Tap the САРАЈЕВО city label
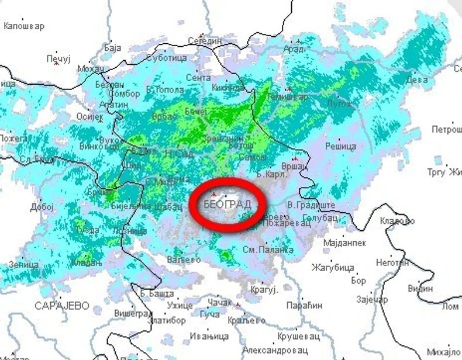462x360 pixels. tap(61, 306)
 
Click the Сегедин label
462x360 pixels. tap(205, 41)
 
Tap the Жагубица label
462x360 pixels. tap(333, 268)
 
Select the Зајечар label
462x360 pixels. tap(372, 300)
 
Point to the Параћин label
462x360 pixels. tap(304, 306)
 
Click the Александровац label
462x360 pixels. tap(274, 351)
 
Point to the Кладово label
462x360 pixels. tap(397, 221)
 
